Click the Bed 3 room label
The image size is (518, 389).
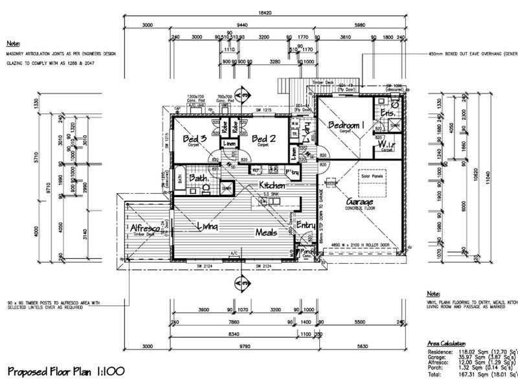194,139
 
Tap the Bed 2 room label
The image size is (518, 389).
264,139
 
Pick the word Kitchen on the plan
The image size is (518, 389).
273,186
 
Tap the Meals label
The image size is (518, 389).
266,232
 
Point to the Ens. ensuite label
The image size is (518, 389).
388,113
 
